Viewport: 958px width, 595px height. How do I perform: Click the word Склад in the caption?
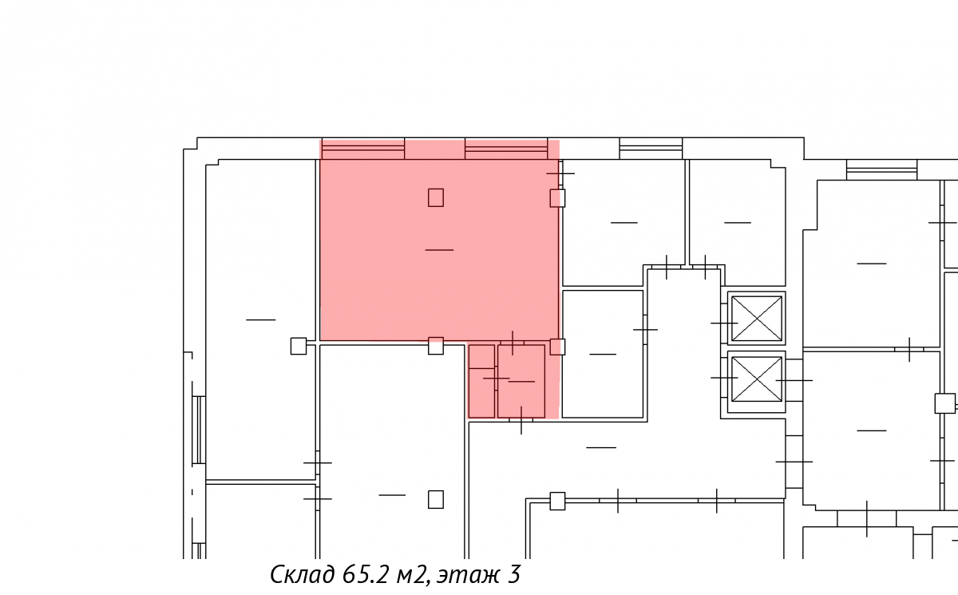point(303,574)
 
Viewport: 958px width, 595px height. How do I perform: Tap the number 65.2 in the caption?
point(364,574)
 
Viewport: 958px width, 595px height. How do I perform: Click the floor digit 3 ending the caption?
point(514,574)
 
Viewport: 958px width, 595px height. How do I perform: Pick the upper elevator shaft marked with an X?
point(757,319)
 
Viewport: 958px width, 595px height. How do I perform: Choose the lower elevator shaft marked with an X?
point(757,379)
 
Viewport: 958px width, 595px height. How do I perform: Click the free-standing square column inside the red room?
point(436,197)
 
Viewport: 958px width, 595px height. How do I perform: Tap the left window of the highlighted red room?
point(363,149)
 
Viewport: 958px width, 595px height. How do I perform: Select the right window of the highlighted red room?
point(506,149)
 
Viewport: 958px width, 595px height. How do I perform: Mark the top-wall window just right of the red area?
point(651,149)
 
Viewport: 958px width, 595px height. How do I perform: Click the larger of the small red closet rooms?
point(521,381)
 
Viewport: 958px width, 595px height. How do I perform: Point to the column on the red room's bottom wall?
point(436,346)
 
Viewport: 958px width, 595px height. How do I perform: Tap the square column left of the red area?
point(299,346)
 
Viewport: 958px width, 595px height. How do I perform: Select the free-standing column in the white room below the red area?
point(436,499)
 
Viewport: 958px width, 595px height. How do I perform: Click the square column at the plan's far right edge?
point(944,403)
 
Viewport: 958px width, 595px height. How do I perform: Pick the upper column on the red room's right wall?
point(557,199)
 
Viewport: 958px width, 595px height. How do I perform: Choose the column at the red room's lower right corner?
point(557,347)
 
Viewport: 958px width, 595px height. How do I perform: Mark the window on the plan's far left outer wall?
point(199,430)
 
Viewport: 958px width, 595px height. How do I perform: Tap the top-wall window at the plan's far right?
point(882,170)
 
